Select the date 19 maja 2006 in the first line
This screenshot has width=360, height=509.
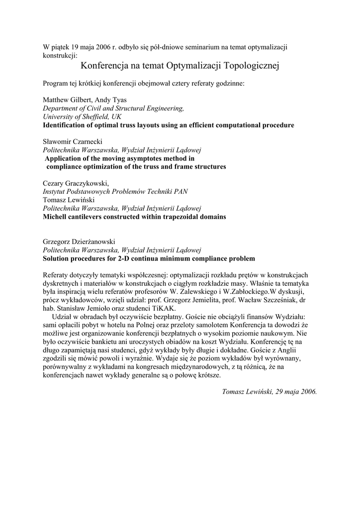click(90, 47)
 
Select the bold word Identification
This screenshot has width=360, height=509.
click(66, 125)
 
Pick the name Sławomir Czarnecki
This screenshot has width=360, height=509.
click(72, 142)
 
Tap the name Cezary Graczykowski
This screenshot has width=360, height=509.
click(76, 183)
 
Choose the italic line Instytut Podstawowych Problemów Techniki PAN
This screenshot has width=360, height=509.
click(115, 192)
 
